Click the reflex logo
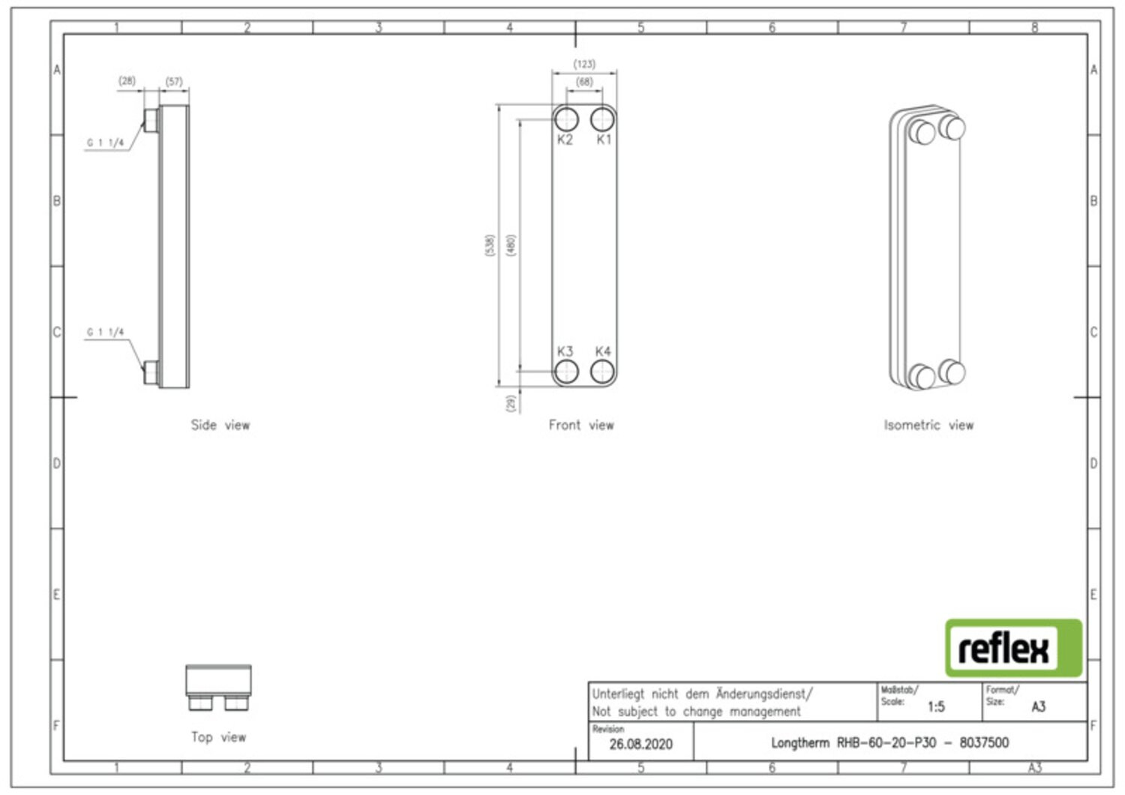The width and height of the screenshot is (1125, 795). pos(1013,648)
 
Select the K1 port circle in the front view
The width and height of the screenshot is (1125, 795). pos(602,119)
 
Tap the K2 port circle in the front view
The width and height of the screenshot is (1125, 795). pos(566,119)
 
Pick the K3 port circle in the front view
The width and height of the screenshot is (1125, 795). pos(566,372)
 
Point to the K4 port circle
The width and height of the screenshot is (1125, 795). pos(602,372)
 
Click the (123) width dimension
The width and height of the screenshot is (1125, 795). pos(584,65)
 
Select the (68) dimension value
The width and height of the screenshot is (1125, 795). pos(584,82)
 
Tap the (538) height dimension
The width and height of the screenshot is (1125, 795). pos(490,245)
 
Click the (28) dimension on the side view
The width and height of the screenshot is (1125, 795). pos(127,80)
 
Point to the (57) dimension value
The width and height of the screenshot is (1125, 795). pos(174,81)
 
